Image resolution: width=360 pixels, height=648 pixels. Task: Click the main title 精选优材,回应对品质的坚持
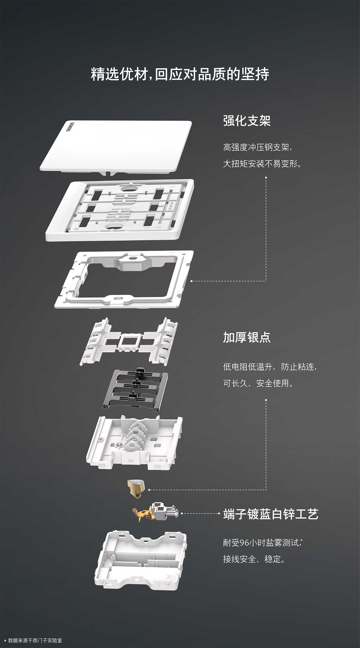pos(180,74)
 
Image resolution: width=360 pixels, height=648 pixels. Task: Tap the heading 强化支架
pos(247,121)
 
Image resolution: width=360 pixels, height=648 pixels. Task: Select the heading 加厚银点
pos(247,337)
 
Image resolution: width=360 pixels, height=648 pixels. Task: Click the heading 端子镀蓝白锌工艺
pos(271,514)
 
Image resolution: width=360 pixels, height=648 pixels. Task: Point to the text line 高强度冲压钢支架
pos(257,147)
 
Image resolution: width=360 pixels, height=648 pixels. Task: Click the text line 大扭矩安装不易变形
pos(262,164)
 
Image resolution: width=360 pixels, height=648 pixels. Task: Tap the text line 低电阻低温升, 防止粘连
pos(270,366)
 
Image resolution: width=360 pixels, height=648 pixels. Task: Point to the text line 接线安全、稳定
pos(254,559)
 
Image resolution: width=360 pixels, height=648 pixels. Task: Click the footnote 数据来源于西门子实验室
pos(35,640)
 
